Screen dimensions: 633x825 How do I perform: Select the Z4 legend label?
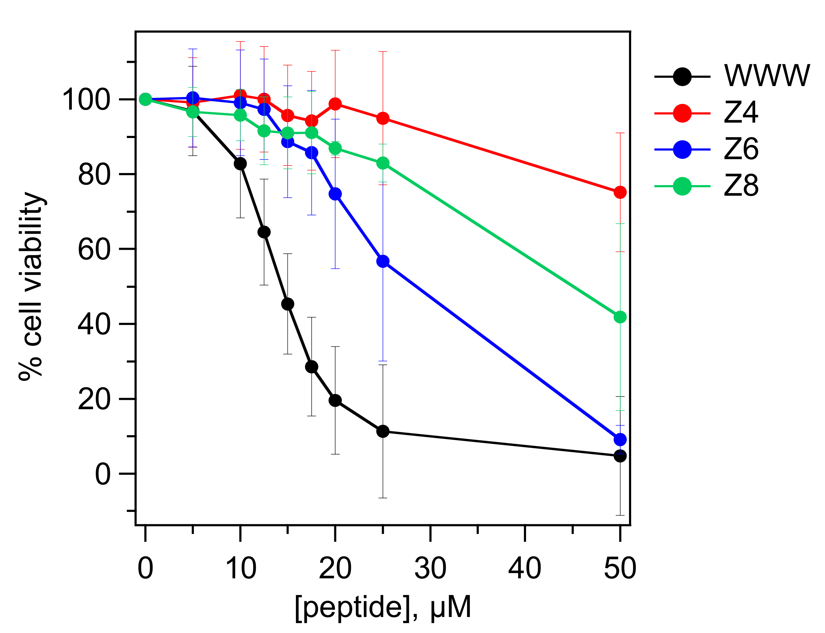(x=741, y=113)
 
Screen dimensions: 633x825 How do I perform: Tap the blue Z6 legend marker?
(x=682, y=149)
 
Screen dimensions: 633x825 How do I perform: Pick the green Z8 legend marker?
(x=682, y=186)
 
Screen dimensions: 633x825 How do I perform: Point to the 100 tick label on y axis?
(x=86, y=100)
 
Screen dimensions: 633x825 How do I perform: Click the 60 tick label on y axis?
(x=94, y=249)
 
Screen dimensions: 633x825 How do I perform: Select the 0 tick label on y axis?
(x=102, y=474)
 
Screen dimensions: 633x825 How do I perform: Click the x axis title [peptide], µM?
(x=383, y=607)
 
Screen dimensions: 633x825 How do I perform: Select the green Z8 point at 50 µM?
(x=620, y=317)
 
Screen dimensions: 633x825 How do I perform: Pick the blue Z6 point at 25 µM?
(x=383, y=262)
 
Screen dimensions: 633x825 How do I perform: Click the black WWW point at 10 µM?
(x=240, y=163)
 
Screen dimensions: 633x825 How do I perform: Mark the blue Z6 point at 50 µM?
(x=620, y=439)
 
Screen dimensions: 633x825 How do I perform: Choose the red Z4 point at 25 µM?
(x=383, y=119)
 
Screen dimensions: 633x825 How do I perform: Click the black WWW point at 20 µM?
(x=335, y=400)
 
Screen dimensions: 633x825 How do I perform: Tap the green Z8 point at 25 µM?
(x=383, y=163)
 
